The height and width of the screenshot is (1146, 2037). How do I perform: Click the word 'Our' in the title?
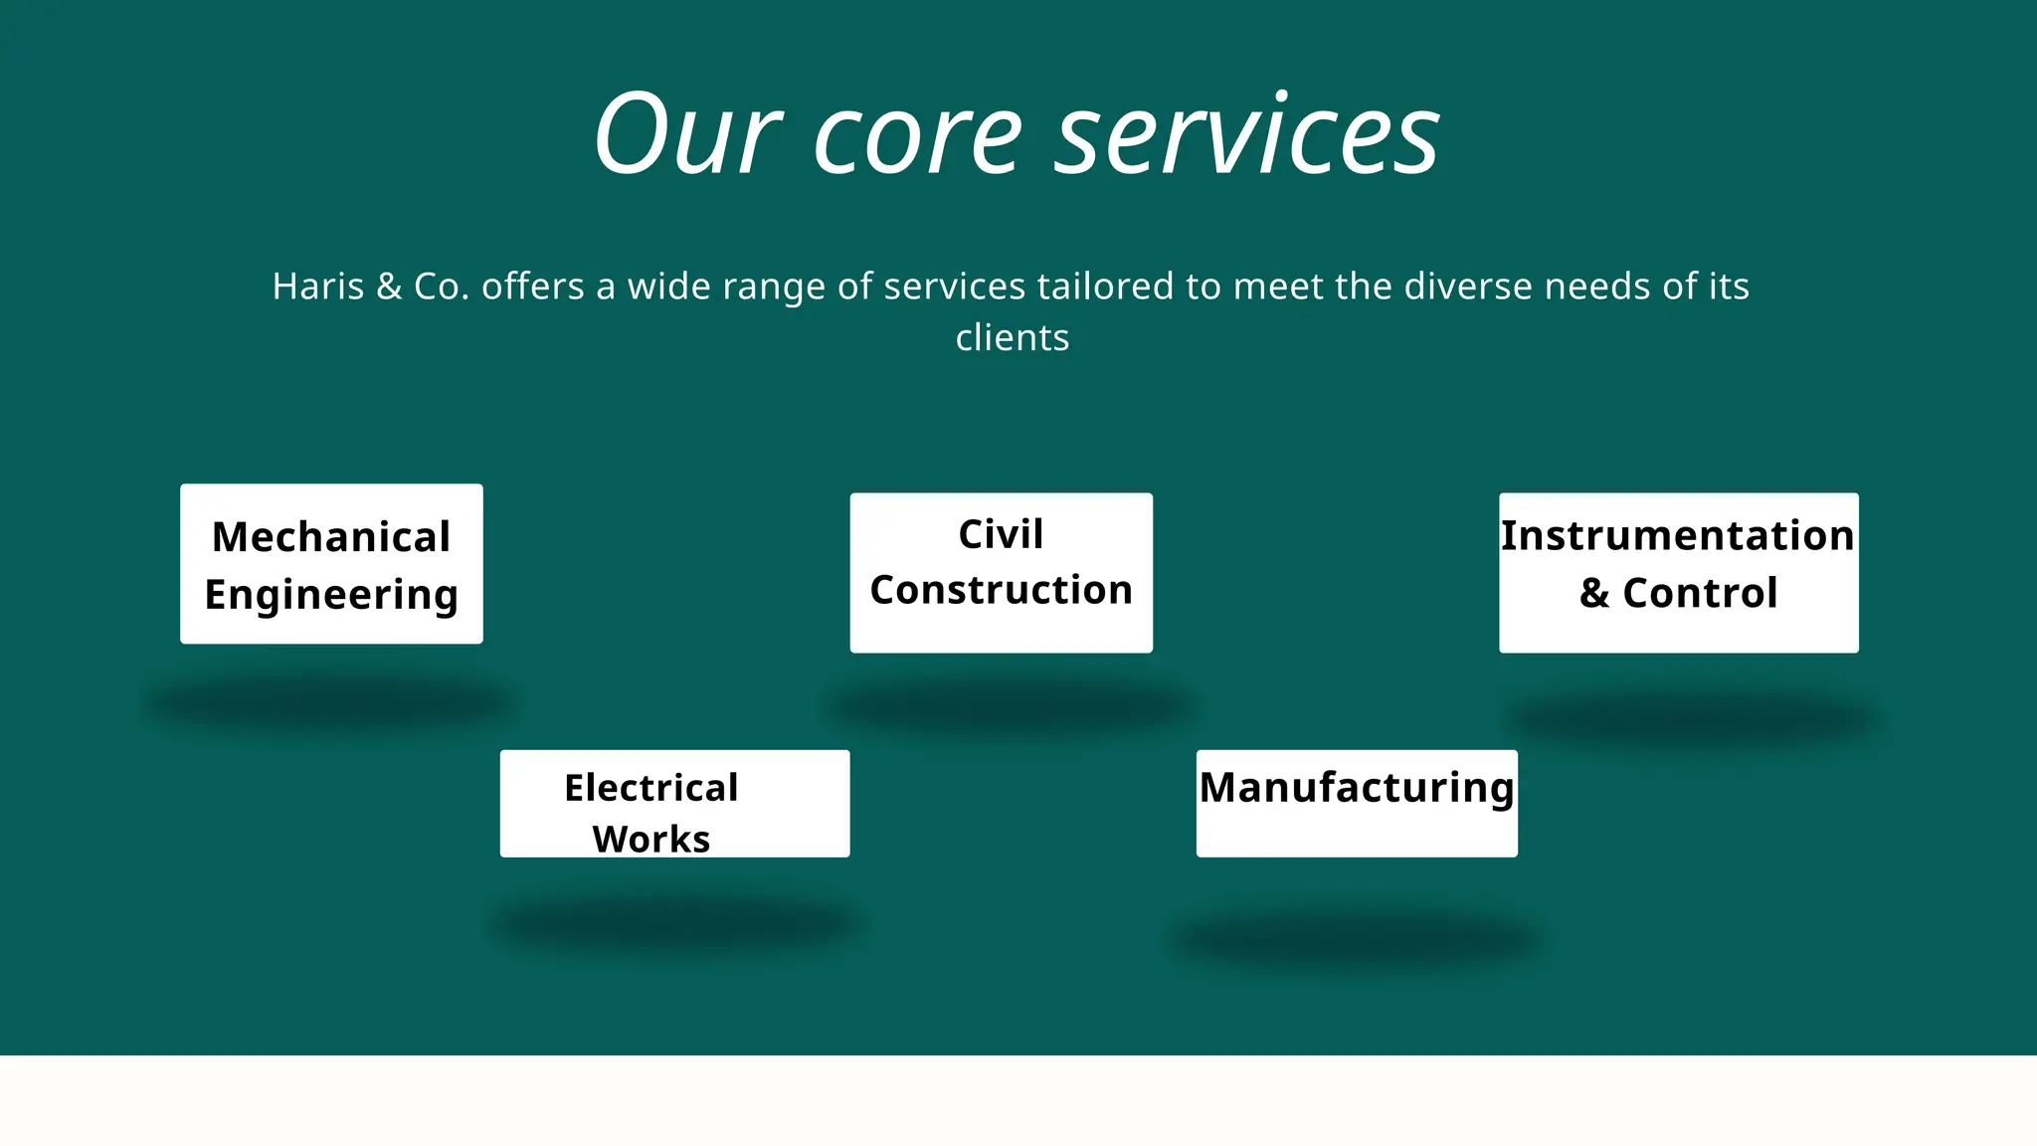point(686,134)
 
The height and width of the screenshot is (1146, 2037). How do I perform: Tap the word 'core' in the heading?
point(917,139)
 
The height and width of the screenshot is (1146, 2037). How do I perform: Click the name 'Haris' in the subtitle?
point(318,286)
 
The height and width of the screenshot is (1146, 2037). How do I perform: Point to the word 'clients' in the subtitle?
point(1013,338)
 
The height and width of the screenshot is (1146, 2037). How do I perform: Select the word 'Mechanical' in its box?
point(331,537)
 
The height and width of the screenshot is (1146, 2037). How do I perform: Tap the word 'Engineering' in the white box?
point(331,595)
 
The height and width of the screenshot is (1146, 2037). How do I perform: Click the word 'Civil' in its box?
point(1001,534)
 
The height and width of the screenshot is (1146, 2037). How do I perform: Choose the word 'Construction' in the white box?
point(1001,590)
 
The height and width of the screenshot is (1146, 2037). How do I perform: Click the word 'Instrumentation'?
point(1678,535)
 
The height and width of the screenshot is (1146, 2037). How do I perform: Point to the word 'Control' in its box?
point(1700,593)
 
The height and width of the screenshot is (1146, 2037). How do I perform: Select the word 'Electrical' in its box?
point(651,788)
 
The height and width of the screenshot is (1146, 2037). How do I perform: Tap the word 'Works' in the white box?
point(651,839)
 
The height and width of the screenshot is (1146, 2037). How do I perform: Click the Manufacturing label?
point(1357,788)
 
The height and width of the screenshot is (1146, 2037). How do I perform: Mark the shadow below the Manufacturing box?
point(1357,939)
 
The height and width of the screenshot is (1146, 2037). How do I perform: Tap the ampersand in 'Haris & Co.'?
point(389,286)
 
